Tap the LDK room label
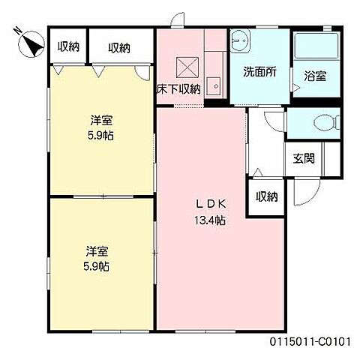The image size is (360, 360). click(x=211, y=204)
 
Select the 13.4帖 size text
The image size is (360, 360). click(x=210, y=220)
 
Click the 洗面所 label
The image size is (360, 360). click(x=260, y=72)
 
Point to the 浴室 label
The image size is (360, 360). click(x=315, y=76)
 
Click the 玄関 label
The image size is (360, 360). click(x=304, y=158)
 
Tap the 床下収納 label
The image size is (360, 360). click(x=178, y=88)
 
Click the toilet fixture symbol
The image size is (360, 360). click(x=326, y=123)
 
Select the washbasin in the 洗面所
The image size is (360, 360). click(x=240, y=40)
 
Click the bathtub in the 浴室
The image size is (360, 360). click(x=316, y=45)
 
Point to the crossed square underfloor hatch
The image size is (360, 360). click(x=187, y=67)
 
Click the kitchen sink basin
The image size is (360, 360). click(x=213, y=86)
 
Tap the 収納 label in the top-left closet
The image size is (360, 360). click(x=68, y=46)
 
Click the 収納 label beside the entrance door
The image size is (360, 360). click(x=267, y=196)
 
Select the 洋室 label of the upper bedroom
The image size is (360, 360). click(x=101, y=121)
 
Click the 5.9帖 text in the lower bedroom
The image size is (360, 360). click(x=96, y=266)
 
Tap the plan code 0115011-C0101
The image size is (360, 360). click(x=310, y=341)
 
